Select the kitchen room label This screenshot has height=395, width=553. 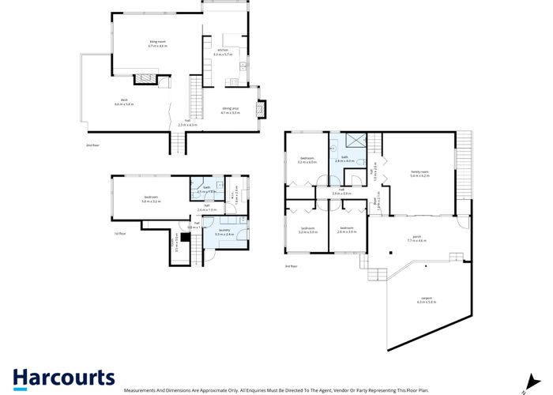(223, 52)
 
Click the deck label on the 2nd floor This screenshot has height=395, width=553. (124, 102)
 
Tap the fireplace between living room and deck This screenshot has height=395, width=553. (147, 77)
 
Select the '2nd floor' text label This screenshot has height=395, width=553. (93, 145)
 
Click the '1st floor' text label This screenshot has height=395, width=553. (120, 233)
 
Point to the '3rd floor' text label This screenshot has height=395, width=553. (292, 266)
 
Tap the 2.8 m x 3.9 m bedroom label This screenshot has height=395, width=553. (347, 230)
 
